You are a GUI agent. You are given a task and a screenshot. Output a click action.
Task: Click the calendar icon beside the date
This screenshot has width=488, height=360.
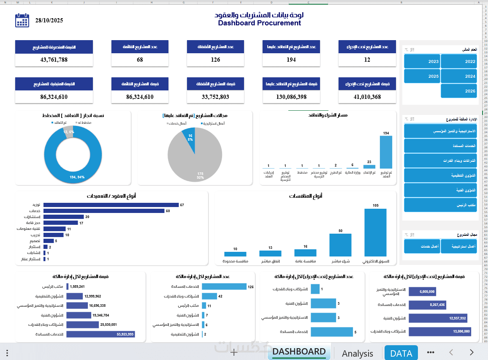click(x=22, y=20)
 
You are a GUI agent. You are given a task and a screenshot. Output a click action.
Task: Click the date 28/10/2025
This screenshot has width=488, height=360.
click(x=49, y=20)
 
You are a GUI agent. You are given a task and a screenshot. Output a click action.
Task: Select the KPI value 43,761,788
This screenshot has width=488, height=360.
click(x=54, y=60)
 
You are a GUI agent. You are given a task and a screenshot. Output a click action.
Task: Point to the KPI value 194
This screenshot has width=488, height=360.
click(x=291, y=60)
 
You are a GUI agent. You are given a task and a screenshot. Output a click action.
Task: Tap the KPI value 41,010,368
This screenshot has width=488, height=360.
click(x=367, y=97)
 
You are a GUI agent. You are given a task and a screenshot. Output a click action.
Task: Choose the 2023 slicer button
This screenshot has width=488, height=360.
click(x=422, y=61)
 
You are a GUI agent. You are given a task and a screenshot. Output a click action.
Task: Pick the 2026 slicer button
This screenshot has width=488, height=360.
click(x=459, y=91)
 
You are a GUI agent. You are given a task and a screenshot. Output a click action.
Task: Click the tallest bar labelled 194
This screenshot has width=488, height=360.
click(x=386, y=152)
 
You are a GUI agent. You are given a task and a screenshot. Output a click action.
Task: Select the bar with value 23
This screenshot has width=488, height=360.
click(x=369, y=166)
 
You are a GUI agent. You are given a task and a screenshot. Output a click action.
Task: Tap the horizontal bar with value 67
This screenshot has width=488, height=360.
click(x=111, y=205)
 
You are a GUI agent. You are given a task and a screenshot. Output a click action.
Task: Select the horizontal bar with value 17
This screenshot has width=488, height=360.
click(x=60, y=223)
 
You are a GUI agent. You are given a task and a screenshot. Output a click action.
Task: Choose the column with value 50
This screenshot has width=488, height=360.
click(x=340, y=245)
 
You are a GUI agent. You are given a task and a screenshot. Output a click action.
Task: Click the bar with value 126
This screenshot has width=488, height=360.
click(x=224, y=286)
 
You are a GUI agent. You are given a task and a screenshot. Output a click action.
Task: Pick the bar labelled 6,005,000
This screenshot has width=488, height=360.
click(x=422, y=292)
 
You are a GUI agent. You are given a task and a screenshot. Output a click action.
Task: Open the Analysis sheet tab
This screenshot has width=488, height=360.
click(x=357, y=353)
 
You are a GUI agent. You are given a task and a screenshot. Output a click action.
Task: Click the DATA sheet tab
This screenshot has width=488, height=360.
click(x=401, y=353)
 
